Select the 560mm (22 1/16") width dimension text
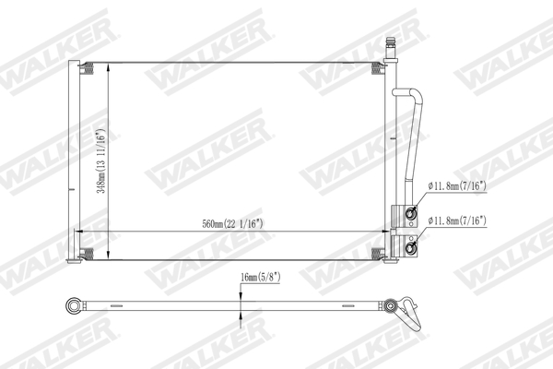coord(233,223)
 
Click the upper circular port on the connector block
coord(411,216)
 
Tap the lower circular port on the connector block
coord(411,245)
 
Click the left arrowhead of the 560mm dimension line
coord(76,230)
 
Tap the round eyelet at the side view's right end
coord(393,305)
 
